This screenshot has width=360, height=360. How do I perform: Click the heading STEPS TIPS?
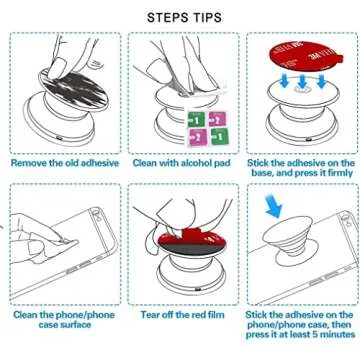180,17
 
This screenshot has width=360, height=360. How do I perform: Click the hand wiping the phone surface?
40,250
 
